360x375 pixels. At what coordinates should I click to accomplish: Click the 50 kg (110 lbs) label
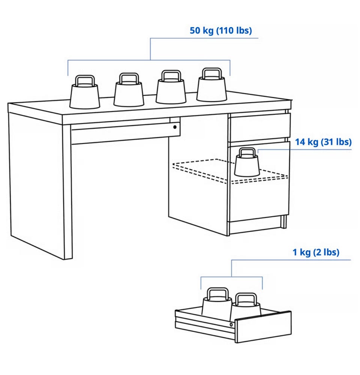click(x=220, y=31)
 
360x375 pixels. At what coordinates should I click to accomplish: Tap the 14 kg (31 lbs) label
click(x=323, y=142)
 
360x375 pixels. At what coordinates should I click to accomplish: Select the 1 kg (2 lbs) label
click(x=316, y=252)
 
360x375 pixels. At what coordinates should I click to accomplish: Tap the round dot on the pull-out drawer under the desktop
click(x=175, y=127)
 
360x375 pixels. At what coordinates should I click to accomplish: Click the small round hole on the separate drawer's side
click(x=231, y=324)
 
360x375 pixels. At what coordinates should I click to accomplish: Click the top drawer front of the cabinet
click(x=260, y=127)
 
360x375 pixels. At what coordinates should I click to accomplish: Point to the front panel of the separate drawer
click(x=263, y=327)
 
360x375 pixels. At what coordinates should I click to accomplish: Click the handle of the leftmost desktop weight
click(x=85, y=81)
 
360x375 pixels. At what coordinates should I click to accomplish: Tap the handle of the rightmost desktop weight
click(x=212, y=73)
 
